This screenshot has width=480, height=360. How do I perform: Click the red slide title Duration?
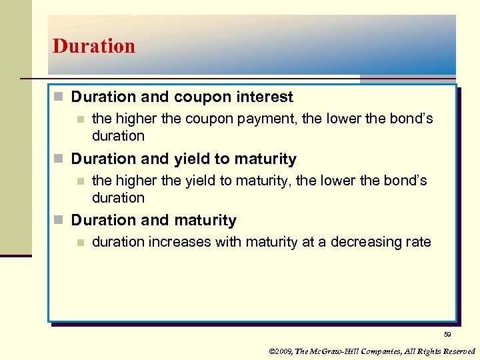coord(94,46)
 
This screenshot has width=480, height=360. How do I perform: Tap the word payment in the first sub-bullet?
coord(272,119)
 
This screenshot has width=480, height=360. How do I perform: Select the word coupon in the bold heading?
coord(201,97)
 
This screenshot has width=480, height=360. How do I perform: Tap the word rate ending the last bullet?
coord(419,242)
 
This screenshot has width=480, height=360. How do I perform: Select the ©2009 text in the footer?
coord(281,351)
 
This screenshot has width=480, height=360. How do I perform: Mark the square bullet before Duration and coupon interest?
coord(59,97)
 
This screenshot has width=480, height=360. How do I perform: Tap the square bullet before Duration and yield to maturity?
coord(59,159)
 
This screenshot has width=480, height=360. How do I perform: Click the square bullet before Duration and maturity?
coord(59,221)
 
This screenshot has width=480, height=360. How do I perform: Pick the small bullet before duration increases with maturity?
coord(80,243)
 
